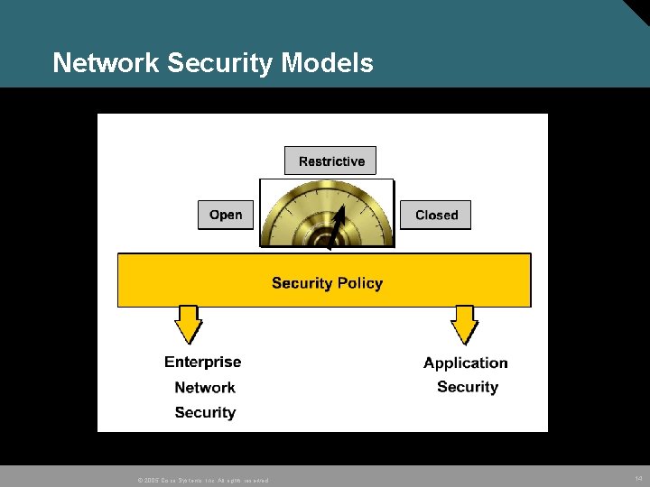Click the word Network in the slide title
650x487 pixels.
(x=107, y=63)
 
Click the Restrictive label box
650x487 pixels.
(x=330, y=161)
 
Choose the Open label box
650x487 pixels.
(x=226, y=215)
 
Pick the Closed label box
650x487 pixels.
(x=436, y=215)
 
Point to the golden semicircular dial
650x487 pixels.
(x=327, y=215)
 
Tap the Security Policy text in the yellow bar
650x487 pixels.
(x=327, y=283)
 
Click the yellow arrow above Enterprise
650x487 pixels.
(x=188, y=324)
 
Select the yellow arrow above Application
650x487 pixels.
(x=464, y=324)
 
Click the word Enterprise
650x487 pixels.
(x=203, y=362)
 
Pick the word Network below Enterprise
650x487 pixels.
(x=205, y=387)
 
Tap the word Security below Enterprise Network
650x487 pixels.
(x=205, y=412)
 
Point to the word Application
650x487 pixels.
(x=466, y=363)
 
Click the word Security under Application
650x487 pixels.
(x=468, y=387)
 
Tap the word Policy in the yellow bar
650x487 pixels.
(x=360, y=283)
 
